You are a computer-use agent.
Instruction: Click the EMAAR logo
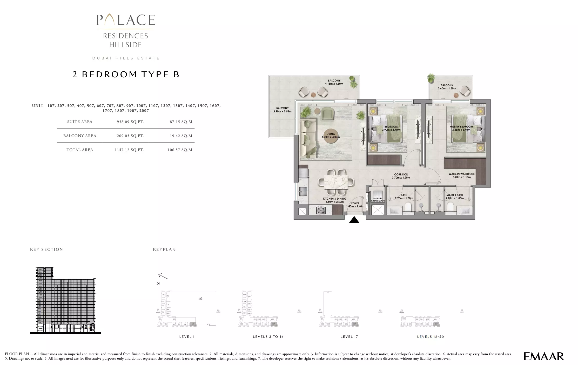click(544, 356)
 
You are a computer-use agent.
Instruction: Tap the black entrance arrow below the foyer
click(354, 220)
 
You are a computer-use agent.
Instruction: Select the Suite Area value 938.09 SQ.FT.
click(130, 122)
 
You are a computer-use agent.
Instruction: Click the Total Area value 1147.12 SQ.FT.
click(129, 150)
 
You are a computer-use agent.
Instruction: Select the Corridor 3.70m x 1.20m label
click(401, 176)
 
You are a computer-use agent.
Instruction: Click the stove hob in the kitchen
click(321, 210)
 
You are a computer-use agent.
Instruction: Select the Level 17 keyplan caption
click(349, 337)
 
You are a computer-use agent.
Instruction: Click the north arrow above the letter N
click(163, 276)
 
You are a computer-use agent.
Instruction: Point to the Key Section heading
click(46, 249)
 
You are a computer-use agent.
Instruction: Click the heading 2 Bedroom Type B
click(126, 75)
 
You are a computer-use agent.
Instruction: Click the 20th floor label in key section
click(40, 269)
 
